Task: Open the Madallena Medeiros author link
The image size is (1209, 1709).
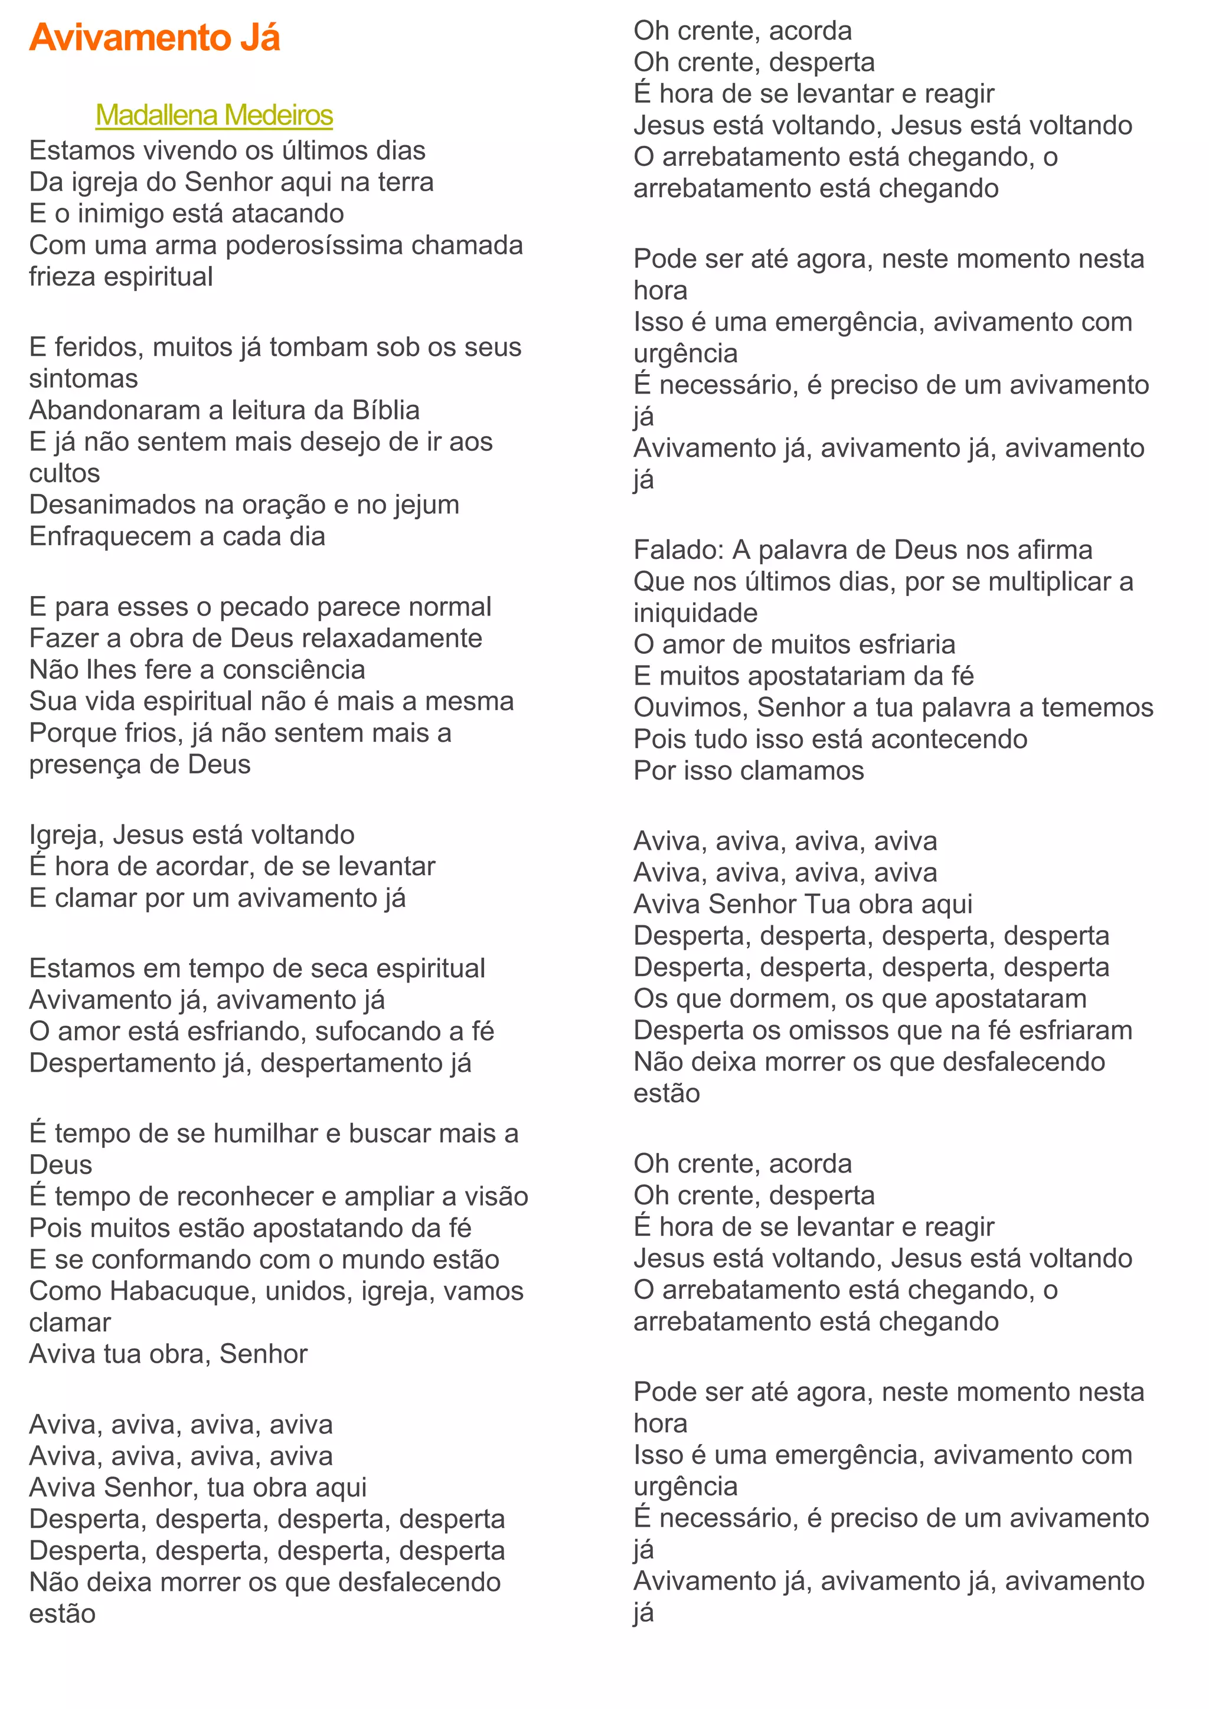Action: click(214, 116)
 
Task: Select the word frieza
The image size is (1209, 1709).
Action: click(63, 277)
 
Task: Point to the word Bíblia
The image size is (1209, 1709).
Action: click(385, 410)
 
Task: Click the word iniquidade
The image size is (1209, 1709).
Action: click(695, 613)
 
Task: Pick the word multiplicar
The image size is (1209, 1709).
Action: click(1049, 581)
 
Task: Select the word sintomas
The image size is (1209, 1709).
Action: click(83, 379)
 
